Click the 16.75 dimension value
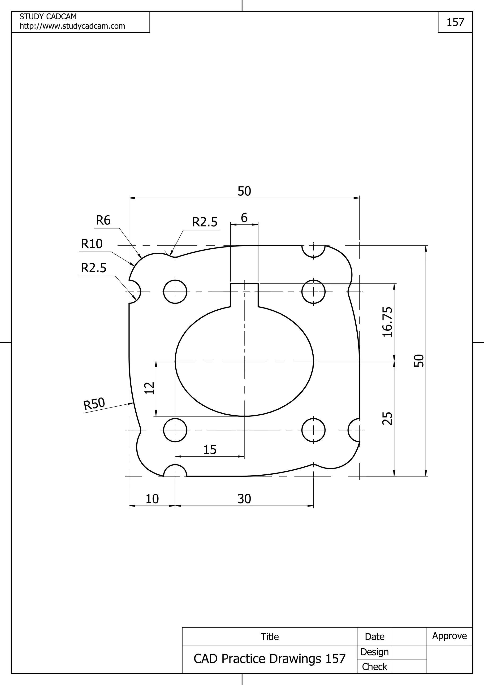pyautogui.click(x=387, y=322)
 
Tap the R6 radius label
pyautogui.click(x=103, y=221)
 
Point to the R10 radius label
pyautogui.click(x=92, y=244)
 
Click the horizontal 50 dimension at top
pyautogui.click(x=244, y=191)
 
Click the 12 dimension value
pyautogui.click(x=149, y=388)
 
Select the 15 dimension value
pyautogui.click(x=210, y=450)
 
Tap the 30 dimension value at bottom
pyautogui.click(x=244, y=499)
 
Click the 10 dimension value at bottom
pyautogui.click(x=152, y=499)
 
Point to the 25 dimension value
pyautogui.click(x=387, y=418)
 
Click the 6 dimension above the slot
pyautogui.click(x=244, y=218)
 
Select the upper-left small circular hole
pyautogui.click(x=175, y=291)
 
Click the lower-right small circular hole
pyautogui.click(x=313, y=430)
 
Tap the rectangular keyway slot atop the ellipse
pyautogui.click(x=244, y=295)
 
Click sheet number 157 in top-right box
pyautogui.click(x=455, y=22)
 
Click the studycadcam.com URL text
pyautogui.click(x=73, y=26)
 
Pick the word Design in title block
pyautogui.click(x=374, y=652)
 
